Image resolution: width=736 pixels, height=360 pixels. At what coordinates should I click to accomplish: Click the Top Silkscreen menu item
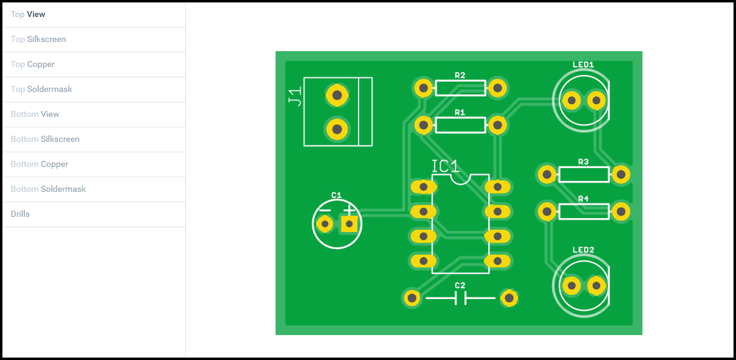(x=38, y=40)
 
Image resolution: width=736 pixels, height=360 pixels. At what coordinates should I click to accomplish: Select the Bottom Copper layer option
(x=40, y=164)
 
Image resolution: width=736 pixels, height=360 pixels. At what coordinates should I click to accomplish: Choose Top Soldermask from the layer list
(x=41, y=90)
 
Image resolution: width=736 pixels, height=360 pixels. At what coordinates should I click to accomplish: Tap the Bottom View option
(x=35, y=115)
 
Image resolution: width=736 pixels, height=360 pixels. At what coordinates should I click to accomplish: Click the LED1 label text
(x=583, y=65)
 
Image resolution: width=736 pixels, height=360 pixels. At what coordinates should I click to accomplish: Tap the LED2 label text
(x=583, y=250)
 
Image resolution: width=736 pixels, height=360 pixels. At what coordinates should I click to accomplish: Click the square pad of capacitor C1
(x=349, y=224)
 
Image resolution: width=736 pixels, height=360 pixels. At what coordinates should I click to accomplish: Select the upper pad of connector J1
(x=336, y=94)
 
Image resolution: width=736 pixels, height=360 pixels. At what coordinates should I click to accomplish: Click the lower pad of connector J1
(x=336, y=129)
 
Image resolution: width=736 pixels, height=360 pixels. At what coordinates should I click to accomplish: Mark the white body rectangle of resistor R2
(x=460, y=88)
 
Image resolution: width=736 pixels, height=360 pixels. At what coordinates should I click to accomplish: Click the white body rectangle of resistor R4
(x=583, y=212)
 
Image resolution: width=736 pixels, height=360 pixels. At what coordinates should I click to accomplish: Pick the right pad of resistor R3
(x=620, y=175)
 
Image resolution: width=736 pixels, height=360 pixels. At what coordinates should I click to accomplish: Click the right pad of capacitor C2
(x=508, y=298)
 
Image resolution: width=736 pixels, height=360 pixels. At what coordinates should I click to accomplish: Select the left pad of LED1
(x=571, y=101)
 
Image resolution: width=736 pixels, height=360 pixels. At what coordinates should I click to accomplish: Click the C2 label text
(x=460, y=286)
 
